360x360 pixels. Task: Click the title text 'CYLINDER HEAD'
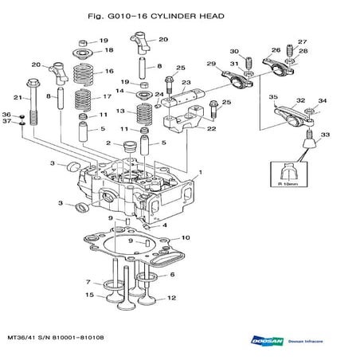coord(186,15)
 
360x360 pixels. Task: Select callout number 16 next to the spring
coord(109,71)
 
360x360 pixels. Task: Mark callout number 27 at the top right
coord(302,41)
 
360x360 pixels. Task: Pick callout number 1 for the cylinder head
coord(200,171)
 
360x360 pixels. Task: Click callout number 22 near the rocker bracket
coord(211,127)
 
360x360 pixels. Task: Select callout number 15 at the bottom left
coord(90,295)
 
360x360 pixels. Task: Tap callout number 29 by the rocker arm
coord(210,64)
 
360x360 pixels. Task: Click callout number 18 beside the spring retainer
coord(109,49)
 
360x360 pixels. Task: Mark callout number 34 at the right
coord(323,100)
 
